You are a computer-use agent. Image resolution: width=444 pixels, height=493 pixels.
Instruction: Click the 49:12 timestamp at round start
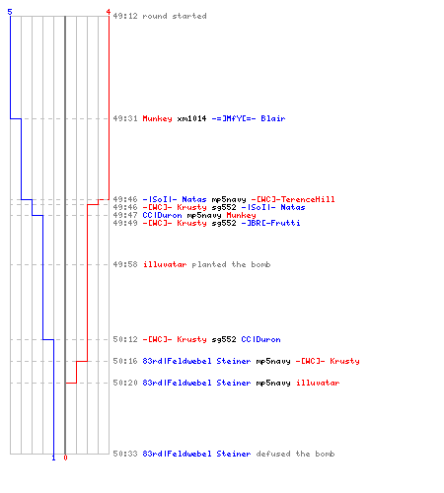(125, 16)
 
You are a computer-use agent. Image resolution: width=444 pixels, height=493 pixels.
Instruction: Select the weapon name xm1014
(191, 118)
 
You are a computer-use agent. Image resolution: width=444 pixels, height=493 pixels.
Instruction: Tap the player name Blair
(273, 118)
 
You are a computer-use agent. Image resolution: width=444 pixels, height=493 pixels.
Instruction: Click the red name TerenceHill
(308, 199)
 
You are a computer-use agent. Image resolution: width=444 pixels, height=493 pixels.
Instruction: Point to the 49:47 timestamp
(125, 215)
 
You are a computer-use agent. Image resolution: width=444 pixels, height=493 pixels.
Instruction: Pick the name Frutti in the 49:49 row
(285, 223)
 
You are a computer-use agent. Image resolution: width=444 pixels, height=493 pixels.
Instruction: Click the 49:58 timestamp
(125, 264)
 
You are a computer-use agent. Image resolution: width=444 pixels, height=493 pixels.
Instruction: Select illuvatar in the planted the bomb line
(165, 264)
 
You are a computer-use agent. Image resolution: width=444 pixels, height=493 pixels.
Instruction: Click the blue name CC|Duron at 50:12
(260, 339)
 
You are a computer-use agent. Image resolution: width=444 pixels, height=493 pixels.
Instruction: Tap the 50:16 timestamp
(125, 361)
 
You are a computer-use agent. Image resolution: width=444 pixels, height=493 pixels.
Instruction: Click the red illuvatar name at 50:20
(318, 383)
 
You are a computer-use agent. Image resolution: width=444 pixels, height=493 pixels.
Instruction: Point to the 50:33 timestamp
(125, 454)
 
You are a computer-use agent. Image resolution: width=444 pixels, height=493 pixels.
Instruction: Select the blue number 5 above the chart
(10, 12)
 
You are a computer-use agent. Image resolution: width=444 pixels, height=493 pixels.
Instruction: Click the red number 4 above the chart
(109, 12)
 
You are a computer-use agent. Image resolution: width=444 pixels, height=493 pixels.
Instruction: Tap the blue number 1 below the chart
(53, 458)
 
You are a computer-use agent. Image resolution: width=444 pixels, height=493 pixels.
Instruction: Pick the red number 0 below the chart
(65, 458)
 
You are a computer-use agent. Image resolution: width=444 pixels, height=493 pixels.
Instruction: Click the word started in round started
(189, 16)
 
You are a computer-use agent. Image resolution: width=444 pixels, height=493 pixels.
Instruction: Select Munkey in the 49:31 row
(157, 118)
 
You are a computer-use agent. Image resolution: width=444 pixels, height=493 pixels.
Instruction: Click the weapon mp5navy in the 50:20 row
(273, 383)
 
